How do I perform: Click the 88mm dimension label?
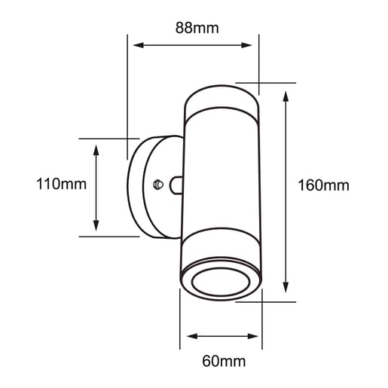[x=197, y=29]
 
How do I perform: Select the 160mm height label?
[x=323, y=185]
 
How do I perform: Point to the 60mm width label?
[x=225, y=362]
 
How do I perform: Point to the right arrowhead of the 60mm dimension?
[x=257, y=336]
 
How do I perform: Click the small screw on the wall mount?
[x=157, y=184]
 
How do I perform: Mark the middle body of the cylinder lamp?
[x=221, y=185]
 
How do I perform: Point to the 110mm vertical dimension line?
[x=96, y=188]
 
